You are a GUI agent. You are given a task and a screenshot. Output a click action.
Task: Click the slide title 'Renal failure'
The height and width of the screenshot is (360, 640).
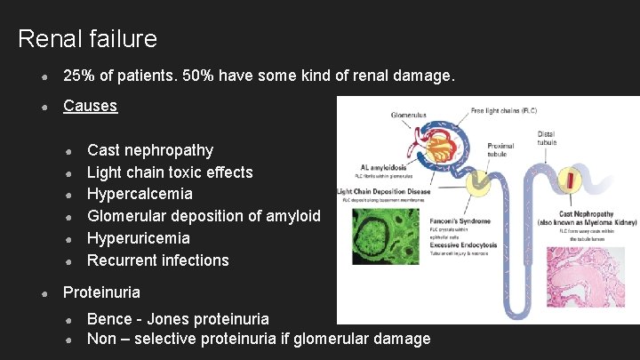pos(87,39)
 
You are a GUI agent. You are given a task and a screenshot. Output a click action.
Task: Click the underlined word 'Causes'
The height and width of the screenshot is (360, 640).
pos(90,106)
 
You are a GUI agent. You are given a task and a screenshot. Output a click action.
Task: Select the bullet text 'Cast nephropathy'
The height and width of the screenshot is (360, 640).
pos(150,150)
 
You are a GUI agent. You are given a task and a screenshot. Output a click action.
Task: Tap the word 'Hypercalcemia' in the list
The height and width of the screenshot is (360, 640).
pos(140,194)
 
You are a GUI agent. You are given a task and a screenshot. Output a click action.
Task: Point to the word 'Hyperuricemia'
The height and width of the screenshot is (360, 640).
pos(139,238)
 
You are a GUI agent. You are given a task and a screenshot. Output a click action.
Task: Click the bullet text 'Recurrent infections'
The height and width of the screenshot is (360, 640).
pos(158,260)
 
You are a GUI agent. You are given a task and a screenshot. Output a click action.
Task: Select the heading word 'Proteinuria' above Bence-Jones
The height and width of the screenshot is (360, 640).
pos(101,292)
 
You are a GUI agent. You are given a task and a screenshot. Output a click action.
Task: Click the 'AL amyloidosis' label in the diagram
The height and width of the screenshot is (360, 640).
pos(383,166)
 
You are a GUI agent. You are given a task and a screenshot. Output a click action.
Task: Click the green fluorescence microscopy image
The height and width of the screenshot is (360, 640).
pos(386,235)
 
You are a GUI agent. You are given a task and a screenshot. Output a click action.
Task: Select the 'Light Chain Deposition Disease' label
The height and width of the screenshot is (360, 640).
pos(383,191)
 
